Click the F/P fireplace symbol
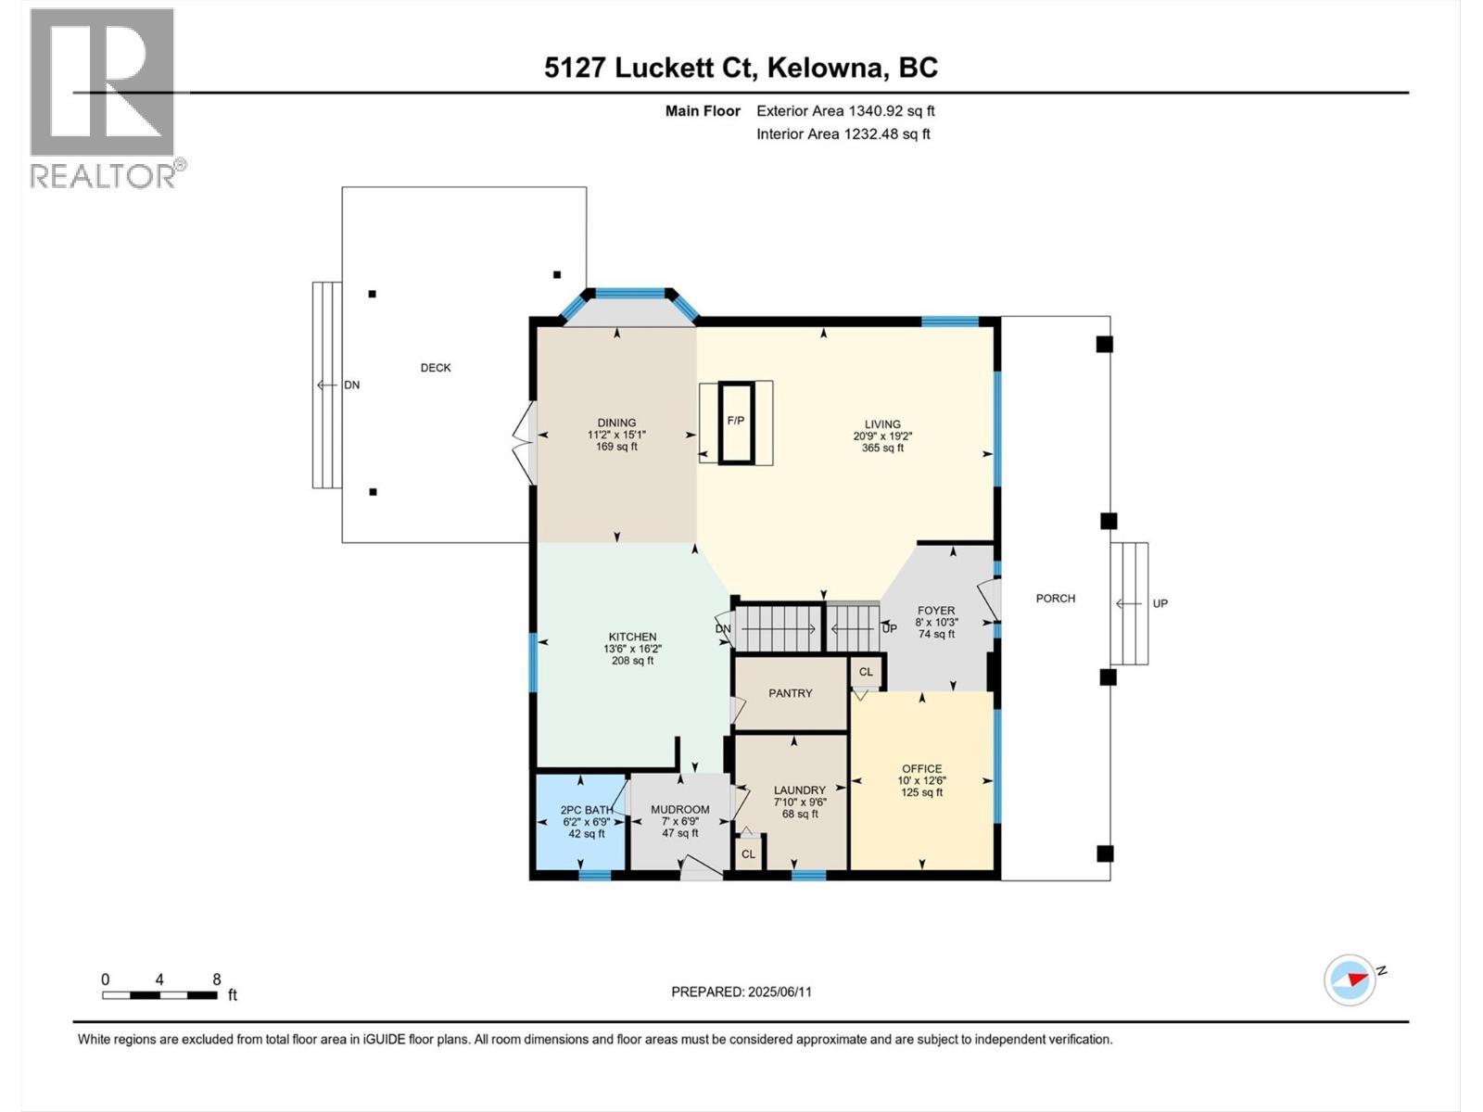pyautogui.click(x=736, y=422)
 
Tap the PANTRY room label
pyautogui.click(x=790, y=693)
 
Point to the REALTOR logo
pyautogui.click(x=104, y=97)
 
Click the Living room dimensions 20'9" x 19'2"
pyautogui.click(x=882, y=436)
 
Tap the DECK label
pyautogui.click(x=436, y=368)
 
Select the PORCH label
pyautogui.click(x=1055, y=599)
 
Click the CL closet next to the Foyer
pyautogui.click(x=866, y=672)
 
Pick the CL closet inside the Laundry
pyautogui.click(x=748, y=853)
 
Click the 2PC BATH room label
pyautogui.click(x=587, y=810)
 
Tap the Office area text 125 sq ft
pyautogui.click(x=921, y=792)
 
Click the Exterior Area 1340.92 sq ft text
pyautogui.click(x=845, y=111)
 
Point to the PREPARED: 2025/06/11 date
pyautogui.click(x=741, y=992)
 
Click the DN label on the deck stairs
pyautogui.click(x=351, y=385)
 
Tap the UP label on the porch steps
pyautogui.click(x=1160, y=603)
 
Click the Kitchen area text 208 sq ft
pyautogui.click(x=632, y=661)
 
